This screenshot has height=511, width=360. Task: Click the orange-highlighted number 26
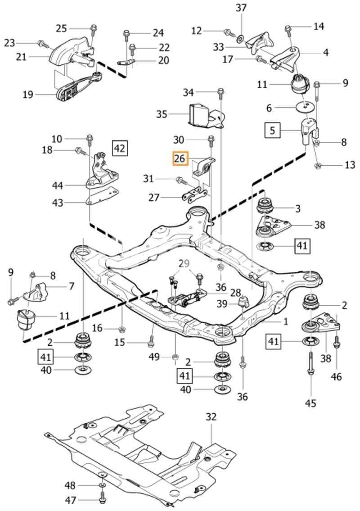(180, 159)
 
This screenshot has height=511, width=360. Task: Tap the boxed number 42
(120, 148)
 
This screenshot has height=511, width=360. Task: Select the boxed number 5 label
(272, 131)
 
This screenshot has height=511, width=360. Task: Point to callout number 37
(241, 8)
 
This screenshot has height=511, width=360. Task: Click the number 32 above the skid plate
(211, 417)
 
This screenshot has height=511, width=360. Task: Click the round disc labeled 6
(305, 107)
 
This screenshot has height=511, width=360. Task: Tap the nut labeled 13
(318, 166)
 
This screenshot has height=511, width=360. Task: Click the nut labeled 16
(122, 329)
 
